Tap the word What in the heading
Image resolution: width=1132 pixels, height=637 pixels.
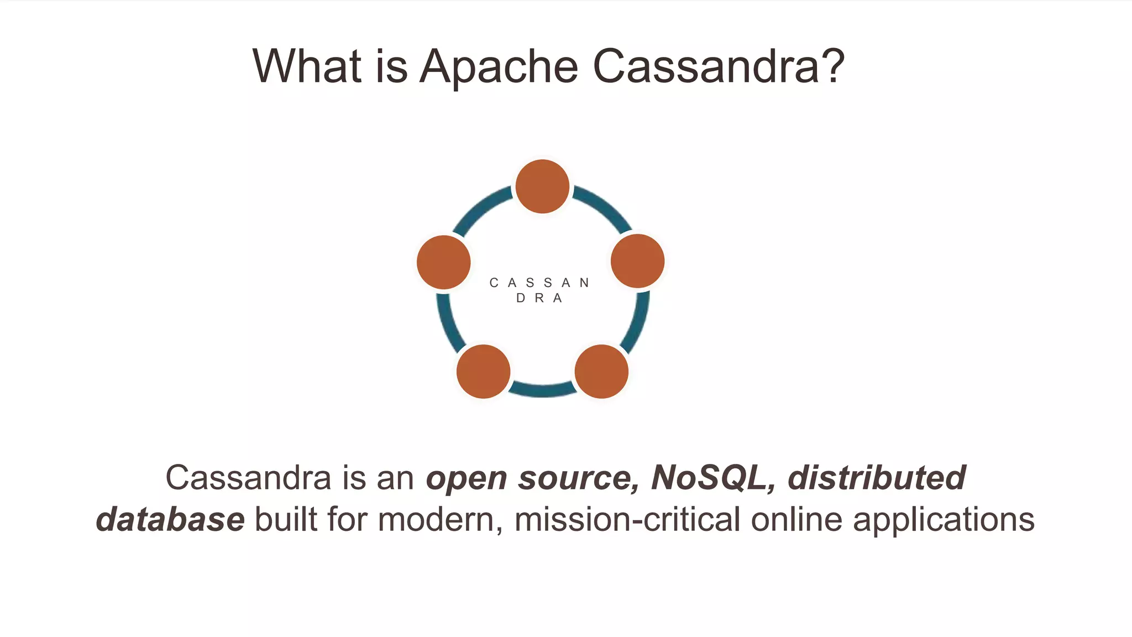(307, 66)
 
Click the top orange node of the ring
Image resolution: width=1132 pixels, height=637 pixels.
(542, 186)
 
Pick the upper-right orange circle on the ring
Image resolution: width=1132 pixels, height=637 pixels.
(637, 261)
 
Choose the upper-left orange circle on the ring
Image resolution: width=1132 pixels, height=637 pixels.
(444, 262)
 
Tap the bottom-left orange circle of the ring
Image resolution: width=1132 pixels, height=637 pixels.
(483, 372)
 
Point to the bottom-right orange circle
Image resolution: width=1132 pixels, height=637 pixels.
(601, 372)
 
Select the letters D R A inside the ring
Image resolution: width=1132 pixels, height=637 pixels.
(539, 299)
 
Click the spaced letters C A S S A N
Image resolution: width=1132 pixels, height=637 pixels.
(539, 283)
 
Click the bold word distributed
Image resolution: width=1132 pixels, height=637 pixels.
(877, 478)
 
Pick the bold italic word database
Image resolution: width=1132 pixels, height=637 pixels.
(170, 520)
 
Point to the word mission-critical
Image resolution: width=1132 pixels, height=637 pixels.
(627, 520)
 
